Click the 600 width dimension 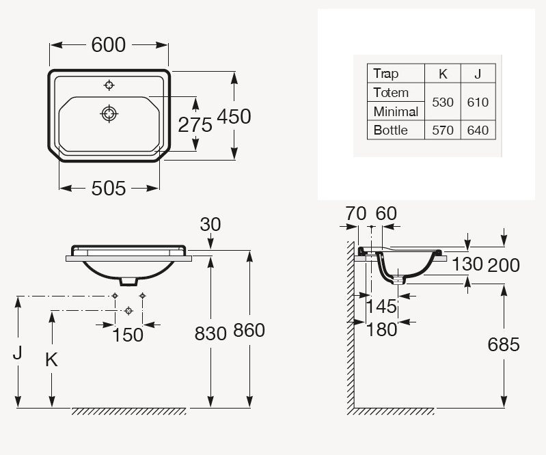[x=108, y=45]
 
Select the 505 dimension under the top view [x=108, y=189]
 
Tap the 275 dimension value [x=195, y=124]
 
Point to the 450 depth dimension [x=234, y=116]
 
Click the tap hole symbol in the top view [x=109, y=85]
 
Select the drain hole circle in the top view [x=109, y=113]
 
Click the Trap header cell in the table [x=385, y=74]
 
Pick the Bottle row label [x=390, y=130]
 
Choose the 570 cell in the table [x=443, y=130]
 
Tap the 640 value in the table [x=478, y=130]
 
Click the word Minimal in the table [x=396, y=111]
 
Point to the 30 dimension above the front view [x=210, y=225]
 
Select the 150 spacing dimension [x=128, y=335]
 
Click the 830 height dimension [x=210, y=333]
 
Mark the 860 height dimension [x=249, y=330]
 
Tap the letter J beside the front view [x=17, y=353]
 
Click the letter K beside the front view [x=51, y=359]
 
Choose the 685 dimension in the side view [x=504, y=344]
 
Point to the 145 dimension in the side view [x=381, y=306]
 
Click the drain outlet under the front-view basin [x=129, y=281]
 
